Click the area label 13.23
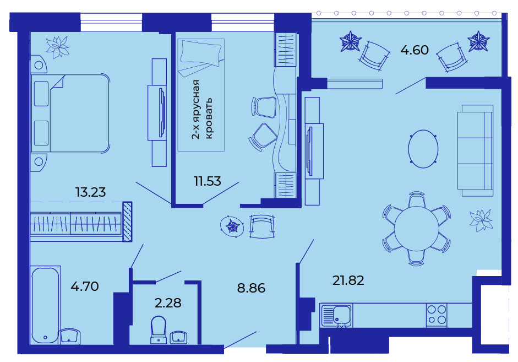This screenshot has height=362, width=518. [90, 192]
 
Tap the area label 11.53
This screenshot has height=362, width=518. [207, 181]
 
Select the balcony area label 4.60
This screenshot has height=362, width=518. [415, 50]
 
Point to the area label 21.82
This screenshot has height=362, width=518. [348, 280]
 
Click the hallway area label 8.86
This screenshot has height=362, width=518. [251, 288]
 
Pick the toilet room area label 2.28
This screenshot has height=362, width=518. [168, 303]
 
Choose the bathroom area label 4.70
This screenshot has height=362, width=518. [85, 287]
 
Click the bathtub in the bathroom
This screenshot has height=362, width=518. [46, 306]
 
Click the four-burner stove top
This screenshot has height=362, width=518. [437, 315]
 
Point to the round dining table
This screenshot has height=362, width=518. [417, 229]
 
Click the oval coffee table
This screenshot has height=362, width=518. [423, 149]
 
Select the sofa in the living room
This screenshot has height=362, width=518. [476, 151]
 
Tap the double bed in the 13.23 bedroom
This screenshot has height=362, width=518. [70, 114]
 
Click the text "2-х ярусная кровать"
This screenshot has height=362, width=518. [202, 110]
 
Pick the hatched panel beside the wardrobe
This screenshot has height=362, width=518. [127, 221]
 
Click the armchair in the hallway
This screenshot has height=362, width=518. [262, 226]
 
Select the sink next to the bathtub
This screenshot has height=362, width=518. [69, 337]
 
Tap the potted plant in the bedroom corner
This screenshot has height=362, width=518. [57, 47]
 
